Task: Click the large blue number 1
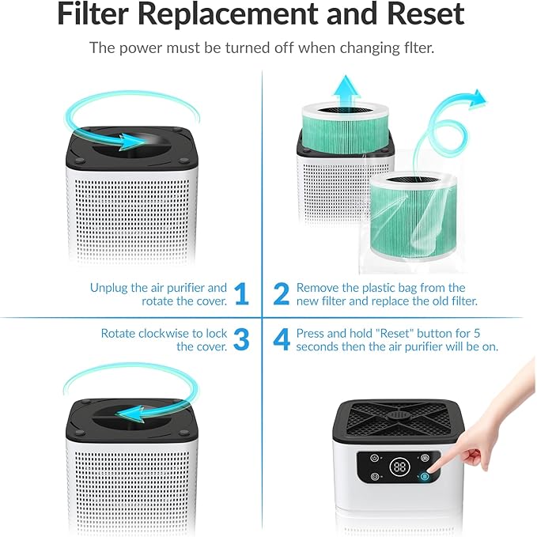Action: [241, 294]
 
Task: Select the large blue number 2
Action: [281, 294]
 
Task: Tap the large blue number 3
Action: [241, 339]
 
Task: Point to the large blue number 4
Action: [281, 339]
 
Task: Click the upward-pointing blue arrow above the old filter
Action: [343, 87]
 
